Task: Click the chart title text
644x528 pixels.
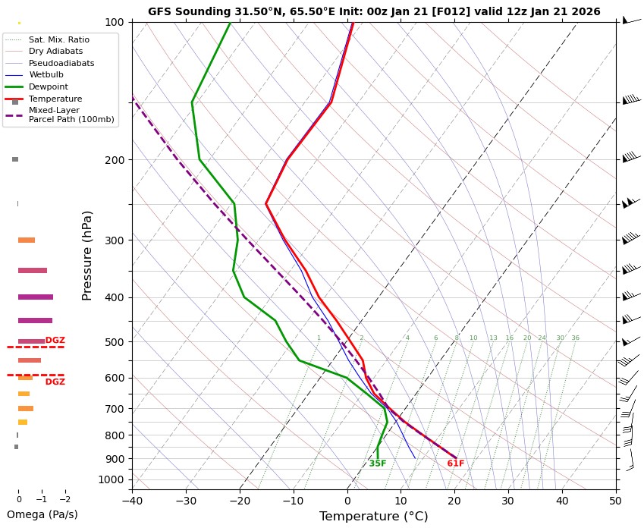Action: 374,11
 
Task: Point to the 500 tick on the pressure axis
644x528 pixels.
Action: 114,342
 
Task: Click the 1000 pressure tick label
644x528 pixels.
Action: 111,479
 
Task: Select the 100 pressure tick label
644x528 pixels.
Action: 114,22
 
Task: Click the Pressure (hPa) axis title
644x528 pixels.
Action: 87,255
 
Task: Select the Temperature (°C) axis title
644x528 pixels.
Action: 373,517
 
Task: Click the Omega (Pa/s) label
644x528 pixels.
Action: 42,514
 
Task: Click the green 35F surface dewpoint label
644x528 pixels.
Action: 378,464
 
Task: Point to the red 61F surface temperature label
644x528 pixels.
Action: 456,464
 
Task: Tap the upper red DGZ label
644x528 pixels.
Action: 55,341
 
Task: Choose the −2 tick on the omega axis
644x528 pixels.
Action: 64,499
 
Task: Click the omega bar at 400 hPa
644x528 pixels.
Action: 36,297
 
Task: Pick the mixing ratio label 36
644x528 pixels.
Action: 575,338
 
